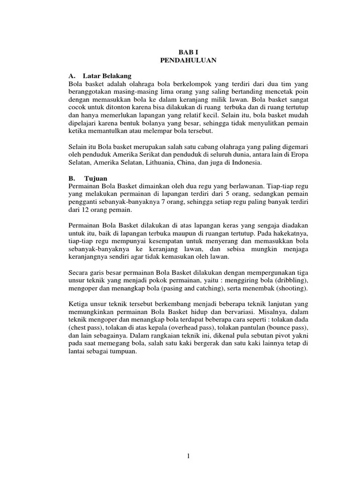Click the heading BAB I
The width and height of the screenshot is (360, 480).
pyautogui.click(x=187, y=52)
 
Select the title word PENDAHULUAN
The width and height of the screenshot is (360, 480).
pyautogui.click(x=187, y=60)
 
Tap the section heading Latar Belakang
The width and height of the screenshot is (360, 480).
pyautogui.click(x=107, y=75)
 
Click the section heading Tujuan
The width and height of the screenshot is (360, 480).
pyautogui.click(x=96, y=179)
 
